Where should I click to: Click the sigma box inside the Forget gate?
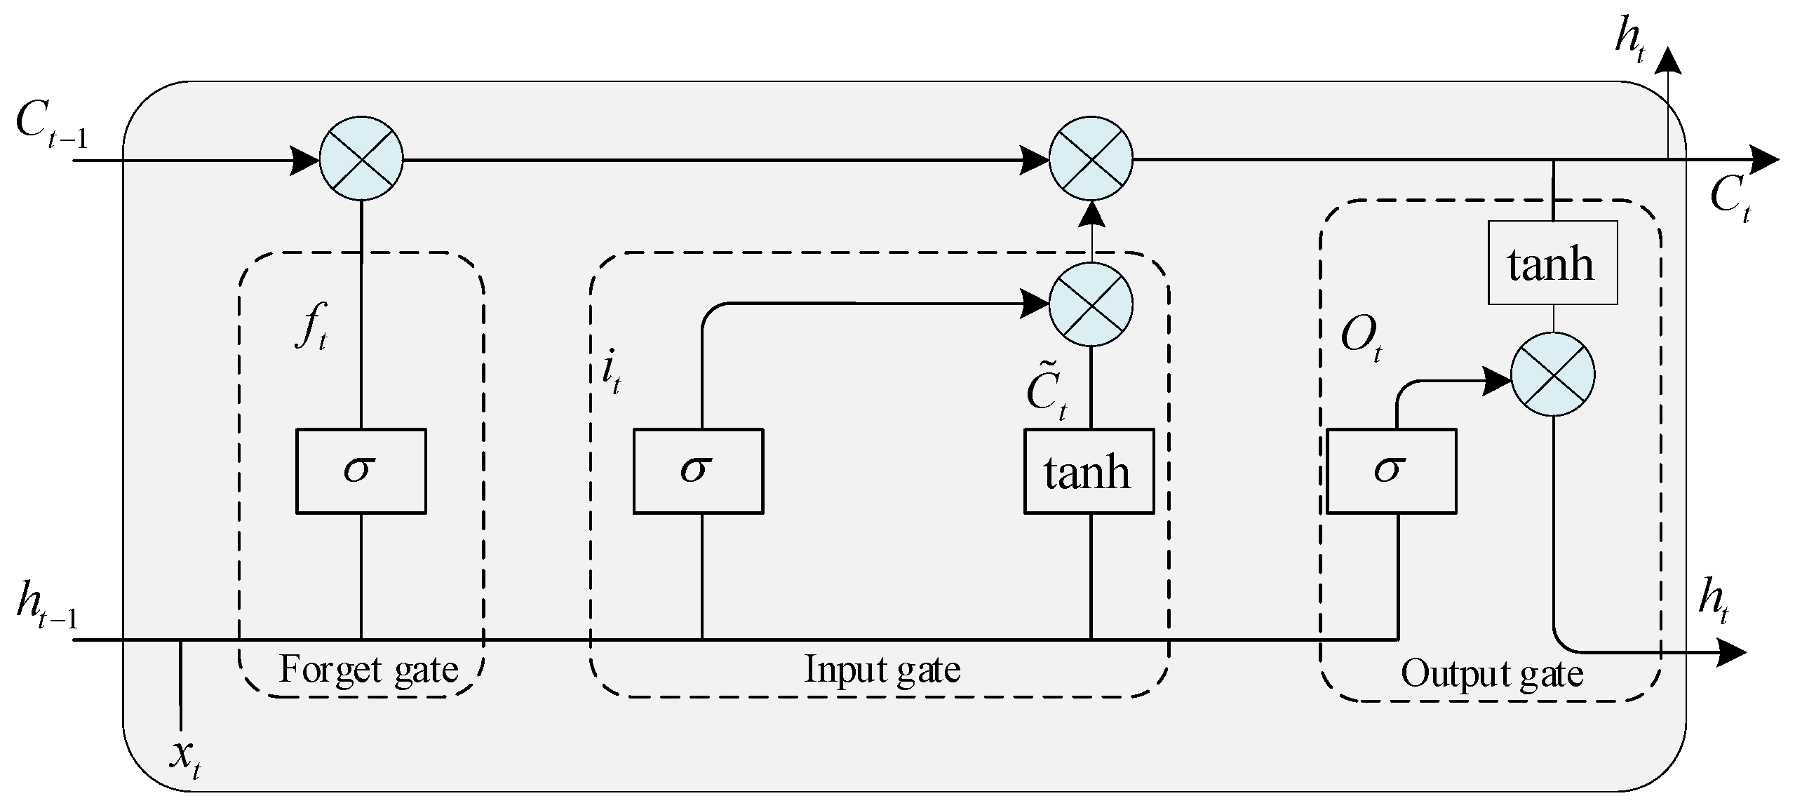tap(361, 471)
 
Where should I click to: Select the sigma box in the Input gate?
tap(697, 471)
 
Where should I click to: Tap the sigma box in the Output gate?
tap(1391, 471)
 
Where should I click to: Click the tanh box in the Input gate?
tap(1088, 471)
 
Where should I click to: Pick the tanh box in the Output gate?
tap(1552, 263)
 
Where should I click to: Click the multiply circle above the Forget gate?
tap(361, 159)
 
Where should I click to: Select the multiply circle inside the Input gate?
tap(1090, 304)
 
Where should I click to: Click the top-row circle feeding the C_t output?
tap(1090, 159)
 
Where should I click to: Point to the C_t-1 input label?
tap(51, 126)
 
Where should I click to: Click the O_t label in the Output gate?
tap(1360, 338)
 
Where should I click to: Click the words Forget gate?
tap(368, 669)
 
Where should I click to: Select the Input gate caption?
tap(882, 669)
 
